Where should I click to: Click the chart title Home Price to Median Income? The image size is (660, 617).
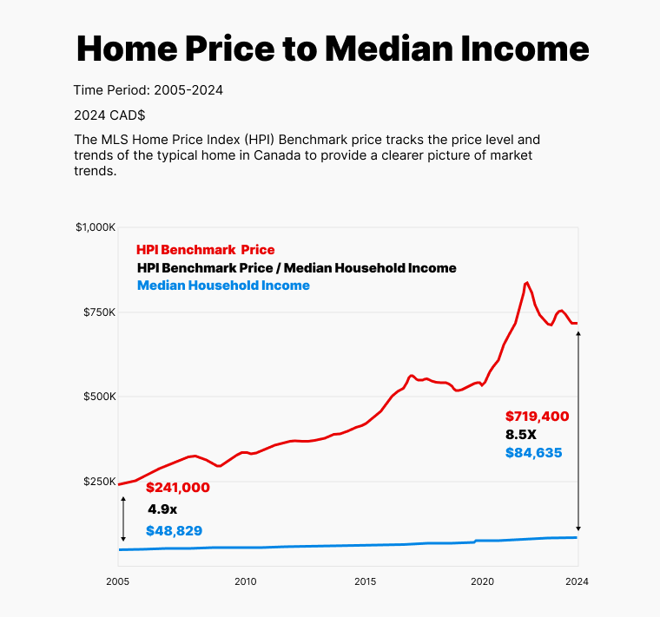pos(333,49)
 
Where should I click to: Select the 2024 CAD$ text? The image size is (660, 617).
pos(109,115)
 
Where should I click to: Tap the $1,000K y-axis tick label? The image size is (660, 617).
pos(96,227)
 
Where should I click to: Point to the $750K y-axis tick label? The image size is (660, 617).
pos(100,312)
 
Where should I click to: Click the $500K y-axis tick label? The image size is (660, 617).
pos(100,397)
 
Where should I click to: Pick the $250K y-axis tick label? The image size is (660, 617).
pos(100,482)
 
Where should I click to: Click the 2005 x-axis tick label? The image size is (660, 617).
pos(117,581)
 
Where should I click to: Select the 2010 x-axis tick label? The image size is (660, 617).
pos(245,581)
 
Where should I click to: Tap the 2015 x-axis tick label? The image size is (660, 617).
pos(366,581)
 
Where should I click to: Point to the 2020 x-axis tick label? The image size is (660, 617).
pos(482,581)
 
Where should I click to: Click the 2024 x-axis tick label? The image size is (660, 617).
pos(577,581)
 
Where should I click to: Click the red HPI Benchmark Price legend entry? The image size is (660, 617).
pos(205,250)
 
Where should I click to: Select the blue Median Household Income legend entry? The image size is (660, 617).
pos(223,286)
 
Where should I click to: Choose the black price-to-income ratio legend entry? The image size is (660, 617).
pos(296,268)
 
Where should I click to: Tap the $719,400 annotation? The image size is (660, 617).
pos(537,417)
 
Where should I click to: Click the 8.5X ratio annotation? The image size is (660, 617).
pos(522,435)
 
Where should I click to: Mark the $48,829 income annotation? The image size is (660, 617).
pos(174,530)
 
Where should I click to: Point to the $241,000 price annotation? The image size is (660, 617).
pos(177,488)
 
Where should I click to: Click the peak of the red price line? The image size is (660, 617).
pos(526,282)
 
